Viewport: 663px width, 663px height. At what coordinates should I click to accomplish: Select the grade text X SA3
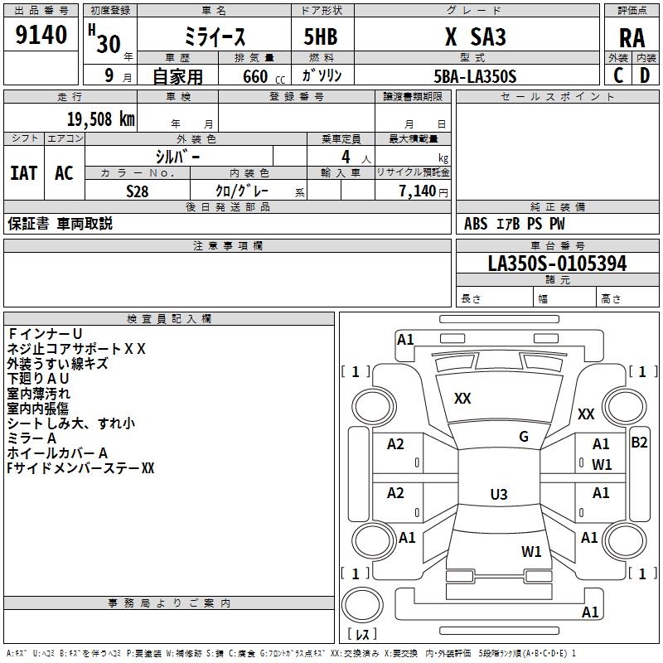pyautogui.click(x=475, y=37)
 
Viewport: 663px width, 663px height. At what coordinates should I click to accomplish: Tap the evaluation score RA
pyautogui.click(x=632, y=38)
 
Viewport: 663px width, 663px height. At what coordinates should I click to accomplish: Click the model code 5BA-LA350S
pyautogui.click(x=475, y=76)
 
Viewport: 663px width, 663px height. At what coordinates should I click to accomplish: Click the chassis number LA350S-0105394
pyautogui.click(x=557, y=264)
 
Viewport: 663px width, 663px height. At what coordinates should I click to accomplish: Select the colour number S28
pyautogui.click(x=138, y=191)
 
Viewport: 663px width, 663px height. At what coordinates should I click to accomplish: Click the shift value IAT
pyautogui.click(x=23, y=172)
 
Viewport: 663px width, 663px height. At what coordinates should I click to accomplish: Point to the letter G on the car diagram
pyautogui.click(x=523, y=437)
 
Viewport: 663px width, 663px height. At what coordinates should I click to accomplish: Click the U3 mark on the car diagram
pyautogui.click(x=498, y=495)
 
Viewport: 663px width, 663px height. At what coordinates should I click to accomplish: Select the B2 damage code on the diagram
pyautogui.click(x=639, y=442)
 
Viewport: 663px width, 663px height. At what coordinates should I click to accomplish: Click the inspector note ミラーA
pyautogui.click(x=31, y=438)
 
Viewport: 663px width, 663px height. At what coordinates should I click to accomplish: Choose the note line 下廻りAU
pyautogui.click(x=38, y=378)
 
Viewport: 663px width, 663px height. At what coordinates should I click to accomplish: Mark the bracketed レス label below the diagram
pyautogui.click(x=361, y=634)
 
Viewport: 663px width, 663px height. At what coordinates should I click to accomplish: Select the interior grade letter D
pyautogui.click(x=645, y=75)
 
